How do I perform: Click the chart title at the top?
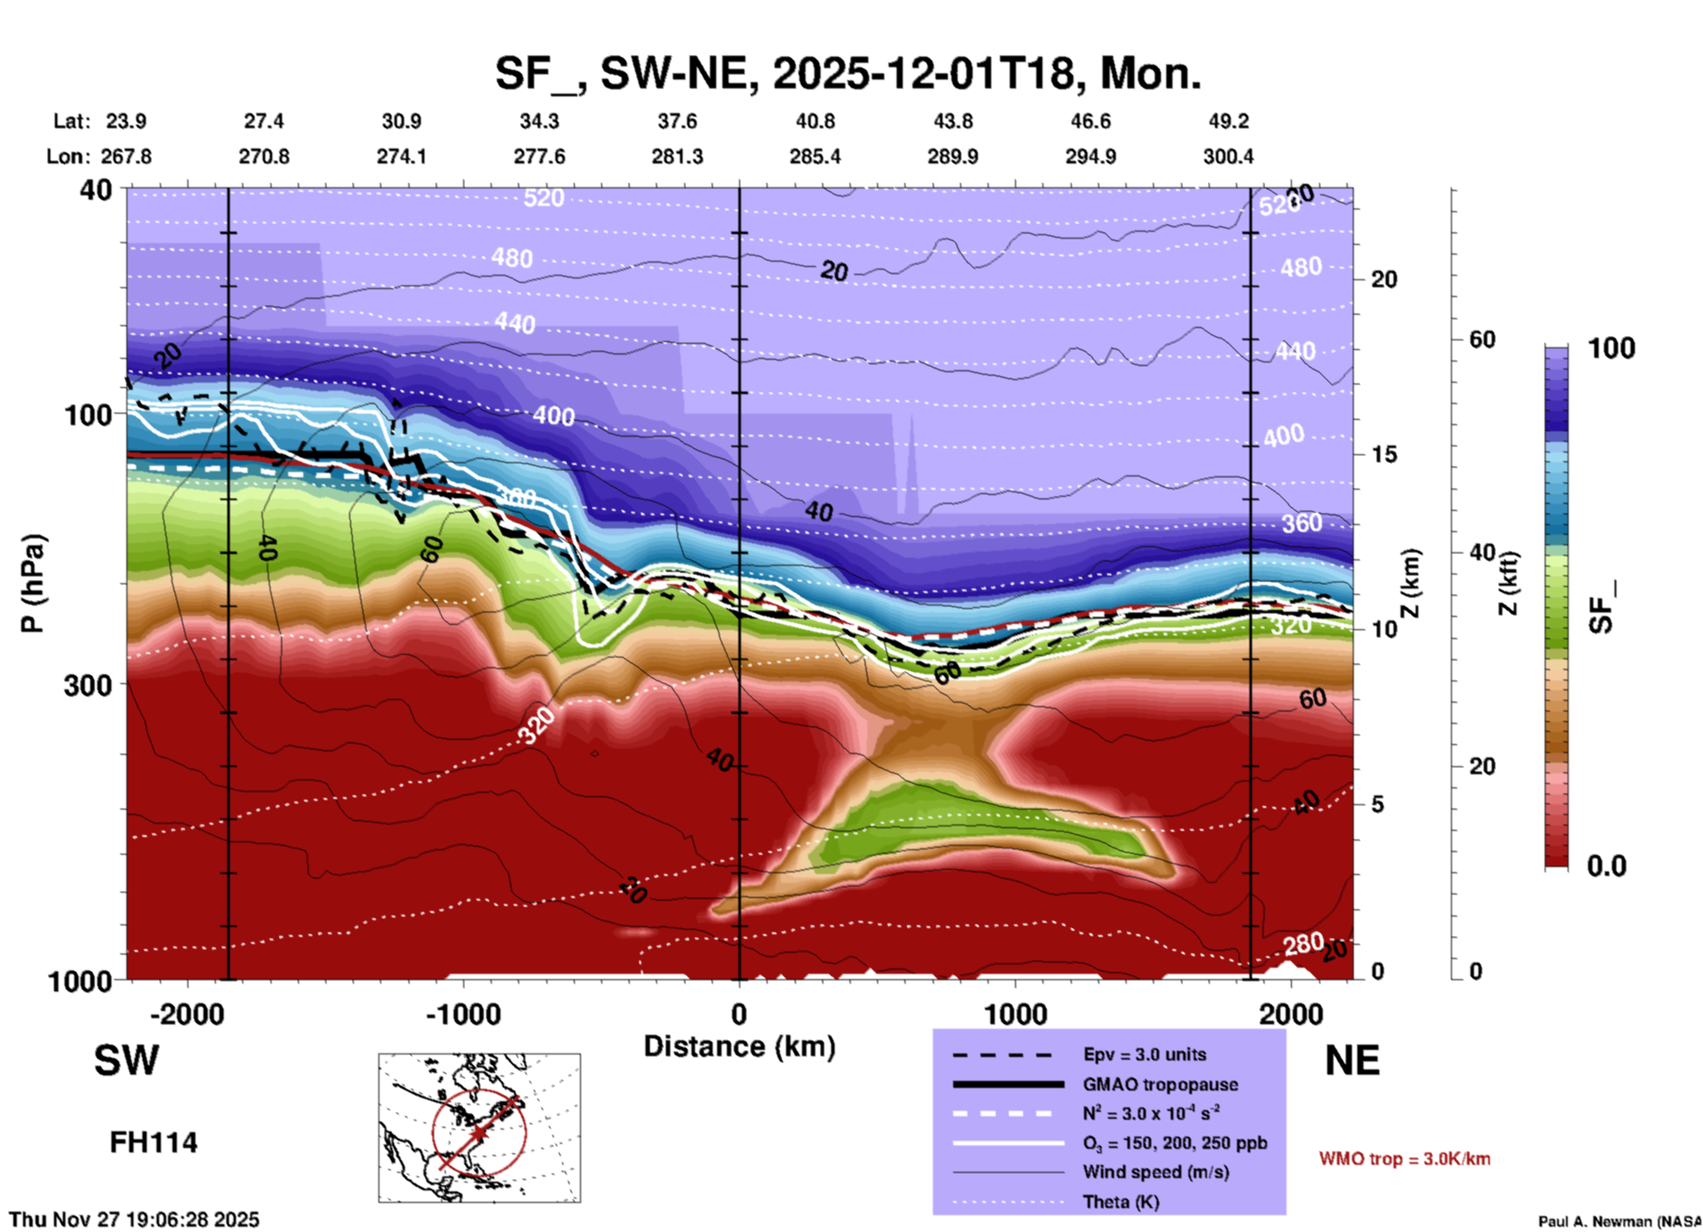point(847,73)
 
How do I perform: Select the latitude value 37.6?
point(676,121)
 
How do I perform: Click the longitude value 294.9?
point(1090,156)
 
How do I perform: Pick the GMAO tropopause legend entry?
point(1159,1084)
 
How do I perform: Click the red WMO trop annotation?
point(1404,1159)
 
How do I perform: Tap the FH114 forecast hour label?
point(154,1143)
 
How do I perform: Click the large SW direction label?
point(126,1061)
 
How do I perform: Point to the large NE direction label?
point(1351,1061)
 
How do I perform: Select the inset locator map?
point(479,1127)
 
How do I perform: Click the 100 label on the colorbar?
point(1611,348)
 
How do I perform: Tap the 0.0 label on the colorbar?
point(1607,866)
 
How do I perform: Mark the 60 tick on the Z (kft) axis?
point(1482,339)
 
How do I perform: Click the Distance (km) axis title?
point(739,1046)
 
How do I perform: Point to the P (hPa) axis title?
point(33,583)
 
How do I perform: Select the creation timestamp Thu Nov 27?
point(134,1220)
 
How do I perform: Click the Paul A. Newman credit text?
point(1619,1221)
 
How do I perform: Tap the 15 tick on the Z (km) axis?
point(1384,454)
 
